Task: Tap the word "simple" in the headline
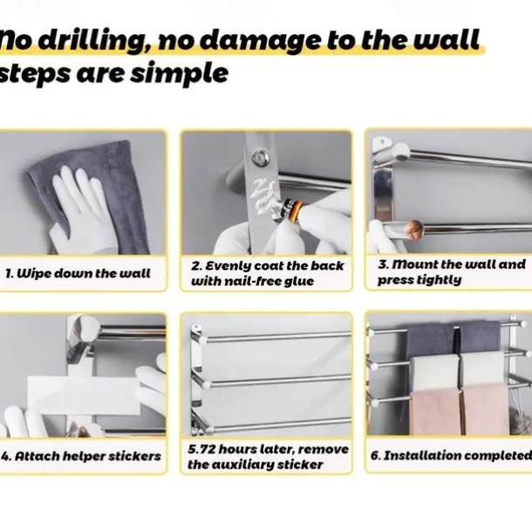click(179, 73)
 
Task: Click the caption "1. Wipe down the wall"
click(78, 274)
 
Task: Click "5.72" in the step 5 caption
click(201, 449)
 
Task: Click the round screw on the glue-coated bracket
click(261, 158)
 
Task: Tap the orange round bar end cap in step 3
click(414, 229)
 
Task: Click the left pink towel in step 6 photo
click(436, 412)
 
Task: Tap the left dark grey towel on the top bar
click(430, 339)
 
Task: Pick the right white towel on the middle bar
click(481, 369)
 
